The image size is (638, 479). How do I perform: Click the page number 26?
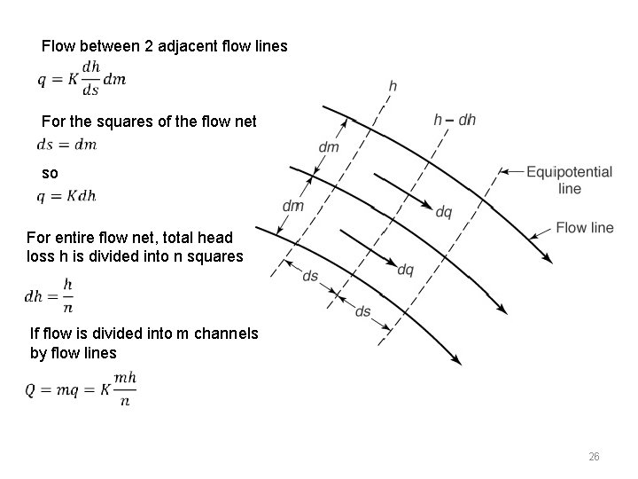[x=594, y=457]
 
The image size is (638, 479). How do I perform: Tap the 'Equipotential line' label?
[x=569, y=179]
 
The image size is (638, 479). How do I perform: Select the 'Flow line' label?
[x=584, y=228]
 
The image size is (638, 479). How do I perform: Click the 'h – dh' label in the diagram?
[x=455, y=120]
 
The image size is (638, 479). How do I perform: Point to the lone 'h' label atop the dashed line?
[x=393, y=86]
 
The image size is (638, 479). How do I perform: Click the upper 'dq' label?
[x=444, y=211]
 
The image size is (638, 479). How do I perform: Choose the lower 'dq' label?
[x=405, y=269]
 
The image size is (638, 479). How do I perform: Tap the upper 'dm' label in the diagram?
[x=328, y=147]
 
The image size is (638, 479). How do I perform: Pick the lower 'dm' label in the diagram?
[x=292, y=206]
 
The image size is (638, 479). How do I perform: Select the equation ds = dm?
[x=67, y=145]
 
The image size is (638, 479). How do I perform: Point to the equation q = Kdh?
[x=67, y=196]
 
